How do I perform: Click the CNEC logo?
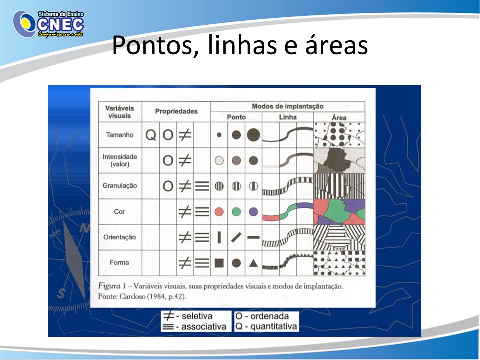pos(48,24)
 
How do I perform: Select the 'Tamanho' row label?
pos(120,135)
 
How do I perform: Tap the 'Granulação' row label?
pos(120,186)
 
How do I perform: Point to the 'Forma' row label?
pos(119,262)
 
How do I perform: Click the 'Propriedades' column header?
pos(176,111)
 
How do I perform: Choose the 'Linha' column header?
pos(288,117)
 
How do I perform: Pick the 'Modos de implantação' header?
pos(288,106)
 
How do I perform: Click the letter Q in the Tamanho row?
pos(151,135)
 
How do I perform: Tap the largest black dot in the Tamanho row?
pos(254,135)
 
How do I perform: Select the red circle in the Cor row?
pos(219,212)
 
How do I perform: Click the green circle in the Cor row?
pos(236,212)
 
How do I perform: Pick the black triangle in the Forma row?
pos(253,263)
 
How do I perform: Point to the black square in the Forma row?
pos(219,263)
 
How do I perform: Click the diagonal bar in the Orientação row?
pos(236,237)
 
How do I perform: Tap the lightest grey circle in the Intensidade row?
pos(219,160)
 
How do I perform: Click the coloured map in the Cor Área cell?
pos(339,212)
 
